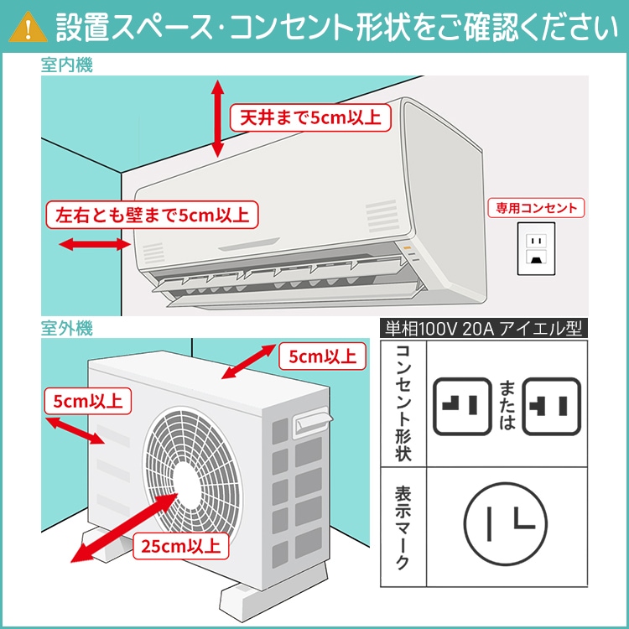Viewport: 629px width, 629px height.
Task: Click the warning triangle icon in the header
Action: click(31, 26)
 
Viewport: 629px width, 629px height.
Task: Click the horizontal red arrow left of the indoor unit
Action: click(92, 245)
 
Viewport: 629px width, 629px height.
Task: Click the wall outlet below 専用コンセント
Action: click(536, 247)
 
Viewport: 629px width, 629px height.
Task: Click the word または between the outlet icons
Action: click(507, 405)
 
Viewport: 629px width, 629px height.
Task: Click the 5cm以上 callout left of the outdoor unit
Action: click(86, 401)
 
